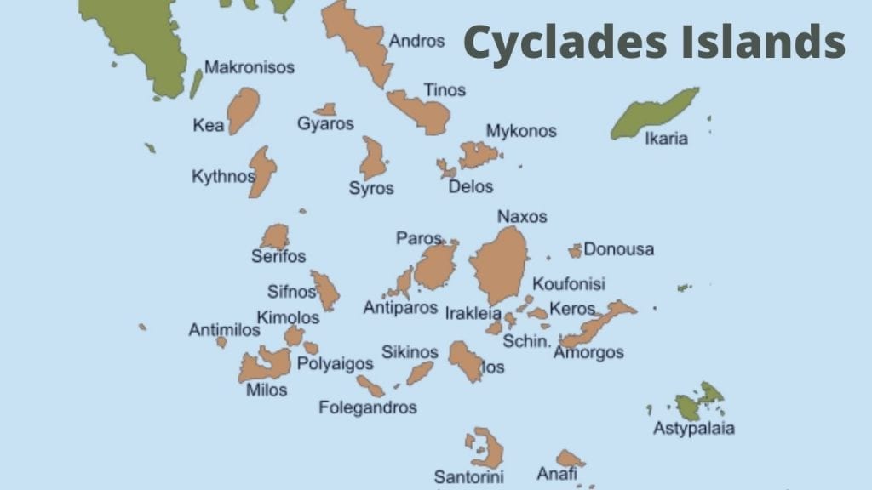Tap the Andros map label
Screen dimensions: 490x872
coord(416,41)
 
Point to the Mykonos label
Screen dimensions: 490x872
coord(520,131)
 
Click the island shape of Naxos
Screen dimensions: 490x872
coord(500,266)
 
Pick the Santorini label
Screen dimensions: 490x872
coord(468,476)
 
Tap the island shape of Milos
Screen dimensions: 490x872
coord(266,366)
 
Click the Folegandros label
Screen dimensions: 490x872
coord(368,407)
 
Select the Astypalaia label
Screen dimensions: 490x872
coord(693,428)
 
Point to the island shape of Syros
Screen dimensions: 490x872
coord(372,159)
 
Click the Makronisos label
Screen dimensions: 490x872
coord(250,66)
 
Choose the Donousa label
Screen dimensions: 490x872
coord(618,249)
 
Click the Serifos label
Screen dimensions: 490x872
coord(278,256)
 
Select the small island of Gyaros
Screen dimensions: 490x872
coord(325,110)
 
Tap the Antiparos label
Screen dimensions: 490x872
coord(400,307)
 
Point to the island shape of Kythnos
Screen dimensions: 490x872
coord(261,170)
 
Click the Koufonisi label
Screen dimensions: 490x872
coord(568,284)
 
